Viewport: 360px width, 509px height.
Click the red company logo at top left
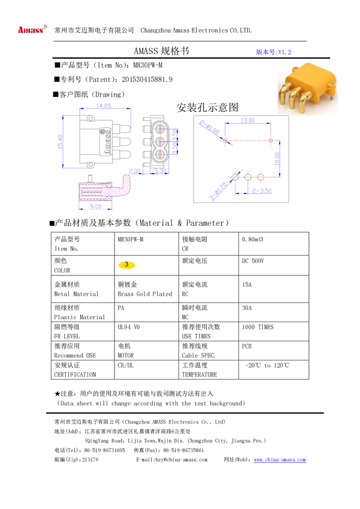32,29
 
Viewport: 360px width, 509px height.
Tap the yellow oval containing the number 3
126,265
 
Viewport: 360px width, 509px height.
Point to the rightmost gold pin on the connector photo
305,104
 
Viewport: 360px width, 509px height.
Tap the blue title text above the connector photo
274,52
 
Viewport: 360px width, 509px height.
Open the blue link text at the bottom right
280,460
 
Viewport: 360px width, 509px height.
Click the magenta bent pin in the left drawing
120,187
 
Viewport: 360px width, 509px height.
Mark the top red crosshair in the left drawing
159,128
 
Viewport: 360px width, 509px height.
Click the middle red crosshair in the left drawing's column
159,142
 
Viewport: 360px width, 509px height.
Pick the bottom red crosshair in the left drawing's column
159,155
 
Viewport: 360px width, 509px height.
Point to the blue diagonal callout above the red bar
209,128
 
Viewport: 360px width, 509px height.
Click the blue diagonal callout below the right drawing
220,190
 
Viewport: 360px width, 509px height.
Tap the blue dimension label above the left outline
104,105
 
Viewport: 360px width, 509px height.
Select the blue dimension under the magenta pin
95,207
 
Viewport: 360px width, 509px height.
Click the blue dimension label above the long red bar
247,120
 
